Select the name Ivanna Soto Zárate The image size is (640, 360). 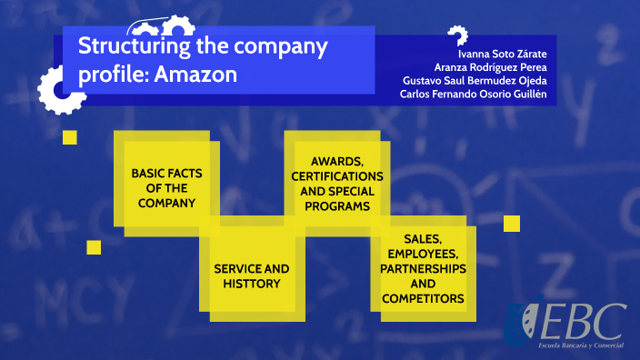[x=502, y=52]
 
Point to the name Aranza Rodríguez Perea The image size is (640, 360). [x=489, y=66]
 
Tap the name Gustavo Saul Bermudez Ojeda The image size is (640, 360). [x=475, y=81]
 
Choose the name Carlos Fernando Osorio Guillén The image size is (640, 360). [x=467, y=95]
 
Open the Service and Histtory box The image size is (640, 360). [x=252, y=276]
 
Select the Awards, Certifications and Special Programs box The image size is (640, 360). [x=336, y=181]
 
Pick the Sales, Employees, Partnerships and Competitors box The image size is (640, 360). [x=423, y=269]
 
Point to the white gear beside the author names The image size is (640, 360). [x=456, y=35]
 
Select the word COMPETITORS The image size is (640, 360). [x=423, y=298]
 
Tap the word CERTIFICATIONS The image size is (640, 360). [x=337, y=175]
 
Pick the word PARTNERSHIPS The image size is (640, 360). [x=423, y=270]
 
